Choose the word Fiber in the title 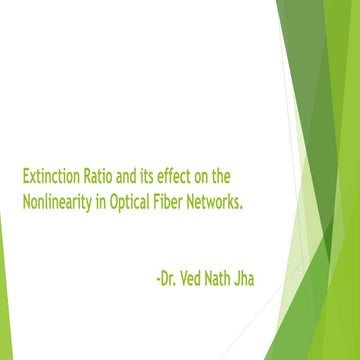[181, 201]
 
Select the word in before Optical [110, 201]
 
